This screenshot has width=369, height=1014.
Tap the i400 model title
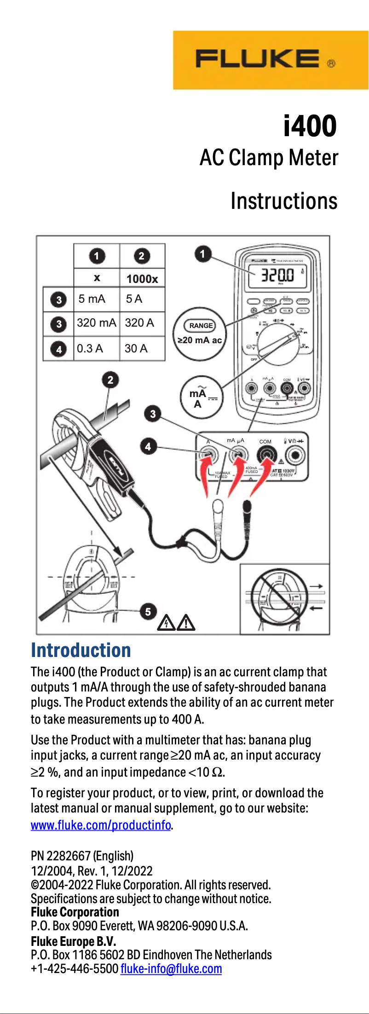[310, 126]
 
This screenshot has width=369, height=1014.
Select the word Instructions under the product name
[284, 202]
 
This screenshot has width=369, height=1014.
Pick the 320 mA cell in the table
[96, 323]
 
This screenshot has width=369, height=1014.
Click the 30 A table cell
[136, 348]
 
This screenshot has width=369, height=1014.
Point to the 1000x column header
[142, 279]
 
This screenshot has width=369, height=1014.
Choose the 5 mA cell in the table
[92, 299]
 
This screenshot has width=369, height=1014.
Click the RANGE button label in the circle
[201, 326]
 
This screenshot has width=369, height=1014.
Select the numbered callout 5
[148, 611]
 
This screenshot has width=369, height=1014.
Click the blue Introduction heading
[81, 650]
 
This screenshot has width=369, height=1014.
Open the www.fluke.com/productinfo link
[101, 825]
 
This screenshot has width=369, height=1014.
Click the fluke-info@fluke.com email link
[171, 968]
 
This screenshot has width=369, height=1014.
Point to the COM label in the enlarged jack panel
[265, 442]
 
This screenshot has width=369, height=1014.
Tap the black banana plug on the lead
[247, 508]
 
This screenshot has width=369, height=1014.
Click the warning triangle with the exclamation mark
[186, 623]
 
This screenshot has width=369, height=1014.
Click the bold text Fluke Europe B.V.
[73, 941]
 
